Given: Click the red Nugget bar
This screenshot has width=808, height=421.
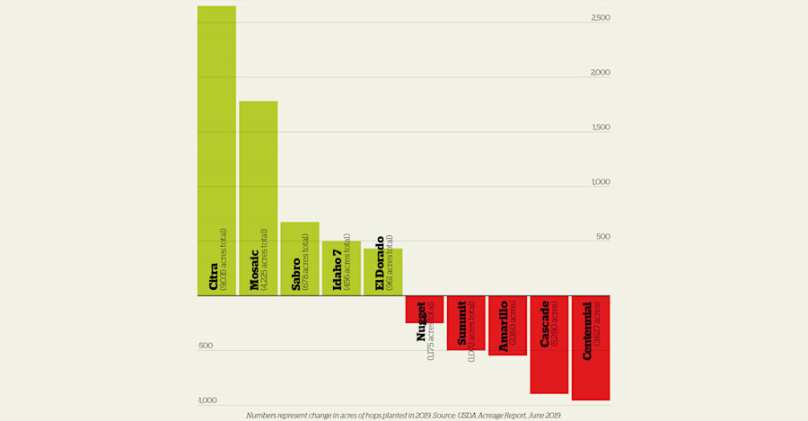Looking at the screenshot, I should [x=425, y=309].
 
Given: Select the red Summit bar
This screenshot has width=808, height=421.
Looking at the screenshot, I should [x=466, y=322].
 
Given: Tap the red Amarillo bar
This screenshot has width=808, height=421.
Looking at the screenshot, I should [x=507, y=325].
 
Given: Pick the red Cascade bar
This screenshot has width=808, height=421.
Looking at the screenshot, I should [x=549, y=344].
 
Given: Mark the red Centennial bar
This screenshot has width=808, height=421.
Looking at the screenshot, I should [x=591, y=347].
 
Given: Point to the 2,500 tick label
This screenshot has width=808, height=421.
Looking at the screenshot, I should [x=601, y=18].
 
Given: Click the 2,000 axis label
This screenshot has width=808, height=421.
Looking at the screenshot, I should [x=601, y=73].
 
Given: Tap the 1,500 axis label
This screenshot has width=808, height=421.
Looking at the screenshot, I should [x=601, y=127].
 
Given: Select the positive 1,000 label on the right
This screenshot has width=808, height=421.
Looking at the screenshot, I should [x=601, y=182].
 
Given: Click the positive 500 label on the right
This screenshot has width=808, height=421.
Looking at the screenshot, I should [x=602, y=237].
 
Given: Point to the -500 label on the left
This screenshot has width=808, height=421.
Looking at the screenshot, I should [x=206, y=346].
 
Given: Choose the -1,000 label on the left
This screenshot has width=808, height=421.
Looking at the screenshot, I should [x=207, y=400].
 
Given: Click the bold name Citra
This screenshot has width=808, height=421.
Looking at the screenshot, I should [x=214, y=276].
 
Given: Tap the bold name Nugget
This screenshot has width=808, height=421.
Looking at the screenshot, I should [x=421, y=321].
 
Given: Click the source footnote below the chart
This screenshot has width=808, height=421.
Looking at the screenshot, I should [x=403, y=416].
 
